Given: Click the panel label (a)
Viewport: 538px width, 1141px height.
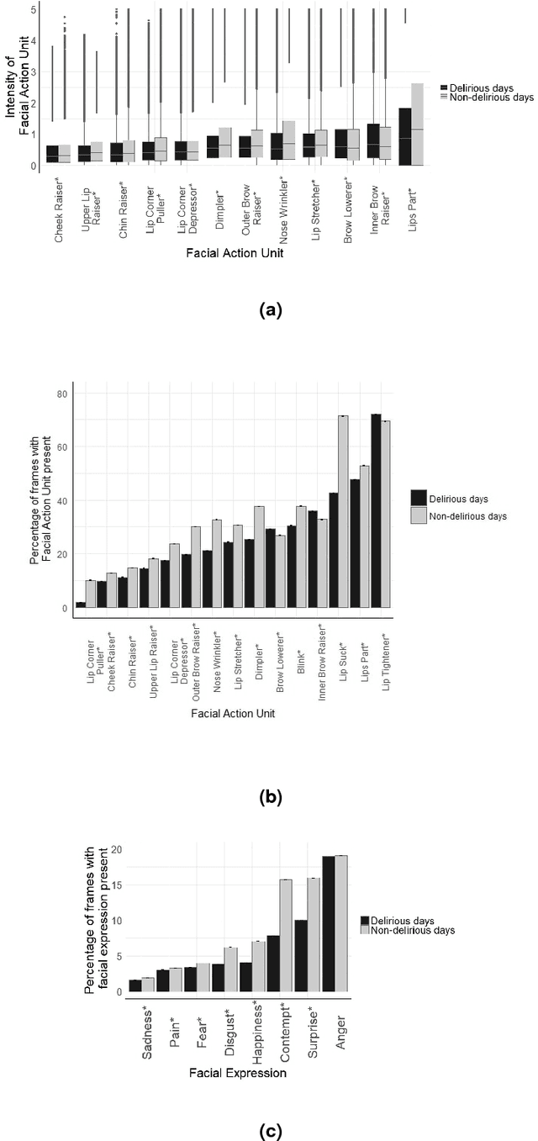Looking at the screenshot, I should coord(269,310).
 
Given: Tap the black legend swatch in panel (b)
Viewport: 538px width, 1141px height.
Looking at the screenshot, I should coord(419,497).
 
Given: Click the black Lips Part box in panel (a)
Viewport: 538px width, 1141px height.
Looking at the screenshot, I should coord(404,136).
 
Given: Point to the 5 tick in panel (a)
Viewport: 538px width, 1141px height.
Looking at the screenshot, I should coord(33,10).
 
